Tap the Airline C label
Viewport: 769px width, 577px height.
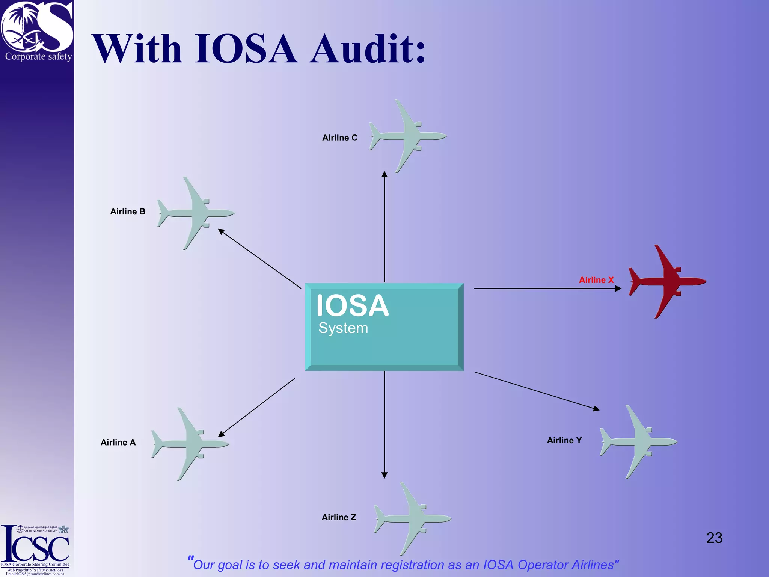(339, 138)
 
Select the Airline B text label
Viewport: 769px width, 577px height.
(127, 211)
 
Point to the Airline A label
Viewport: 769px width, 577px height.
(118, 442)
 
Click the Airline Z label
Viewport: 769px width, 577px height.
(339, 517)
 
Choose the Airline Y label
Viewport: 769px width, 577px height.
(564, 440)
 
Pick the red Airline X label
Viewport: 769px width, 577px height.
(596, 280)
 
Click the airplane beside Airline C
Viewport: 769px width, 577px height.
(407, 136)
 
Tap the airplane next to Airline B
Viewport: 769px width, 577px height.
(195, 213)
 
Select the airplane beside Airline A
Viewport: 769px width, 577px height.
(190, 444)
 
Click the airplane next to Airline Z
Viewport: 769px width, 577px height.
(412, 519)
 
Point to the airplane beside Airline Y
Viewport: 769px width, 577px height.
(638, 442)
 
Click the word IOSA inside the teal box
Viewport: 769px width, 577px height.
(352, 306)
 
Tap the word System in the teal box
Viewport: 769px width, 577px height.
(343, 328)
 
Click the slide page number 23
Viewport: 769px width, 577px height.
(714, 538)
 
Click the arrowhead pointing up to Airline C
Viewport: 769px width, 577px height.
(384, 174)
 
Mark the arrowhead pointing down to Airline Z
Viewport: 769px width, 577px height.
(384, 475)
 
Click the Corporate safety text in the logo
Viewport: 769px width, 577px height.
(38, 56)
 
